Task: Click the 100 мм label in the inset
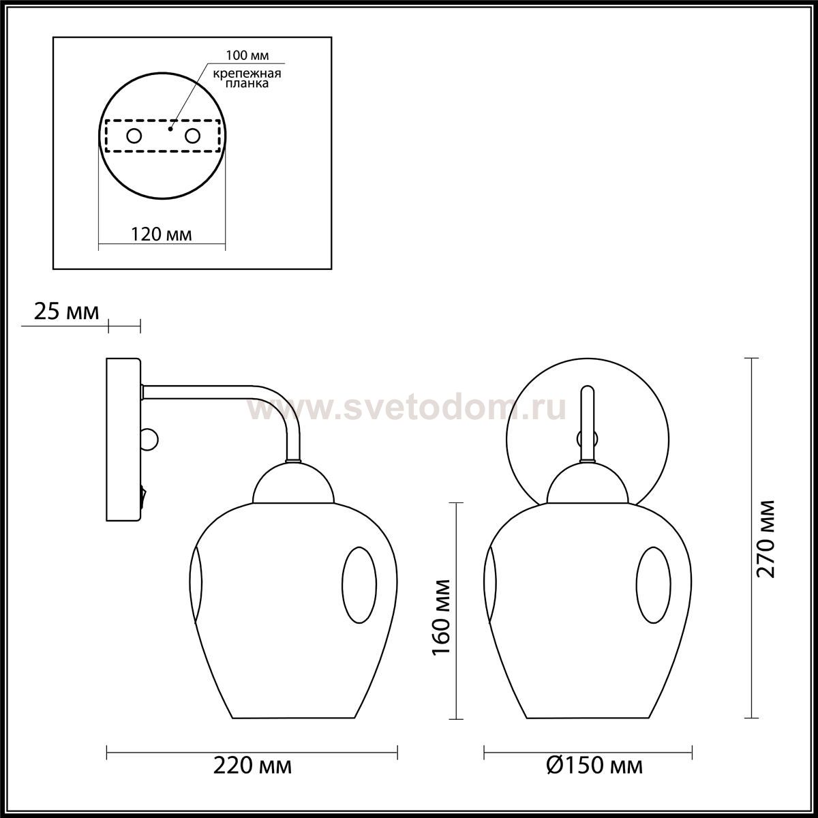[x=247, y=55]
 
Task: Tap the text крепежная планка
[x=247, y=78]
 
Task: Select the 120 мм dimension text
[x=161, y=234]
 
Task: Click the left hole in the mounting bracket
[x=134, y=136]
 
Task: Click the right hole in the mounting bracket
[x=192, y=136]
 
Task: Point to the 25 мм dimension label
[x=66, y=312]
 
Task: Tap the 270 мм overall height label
[x=766, y=539]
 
